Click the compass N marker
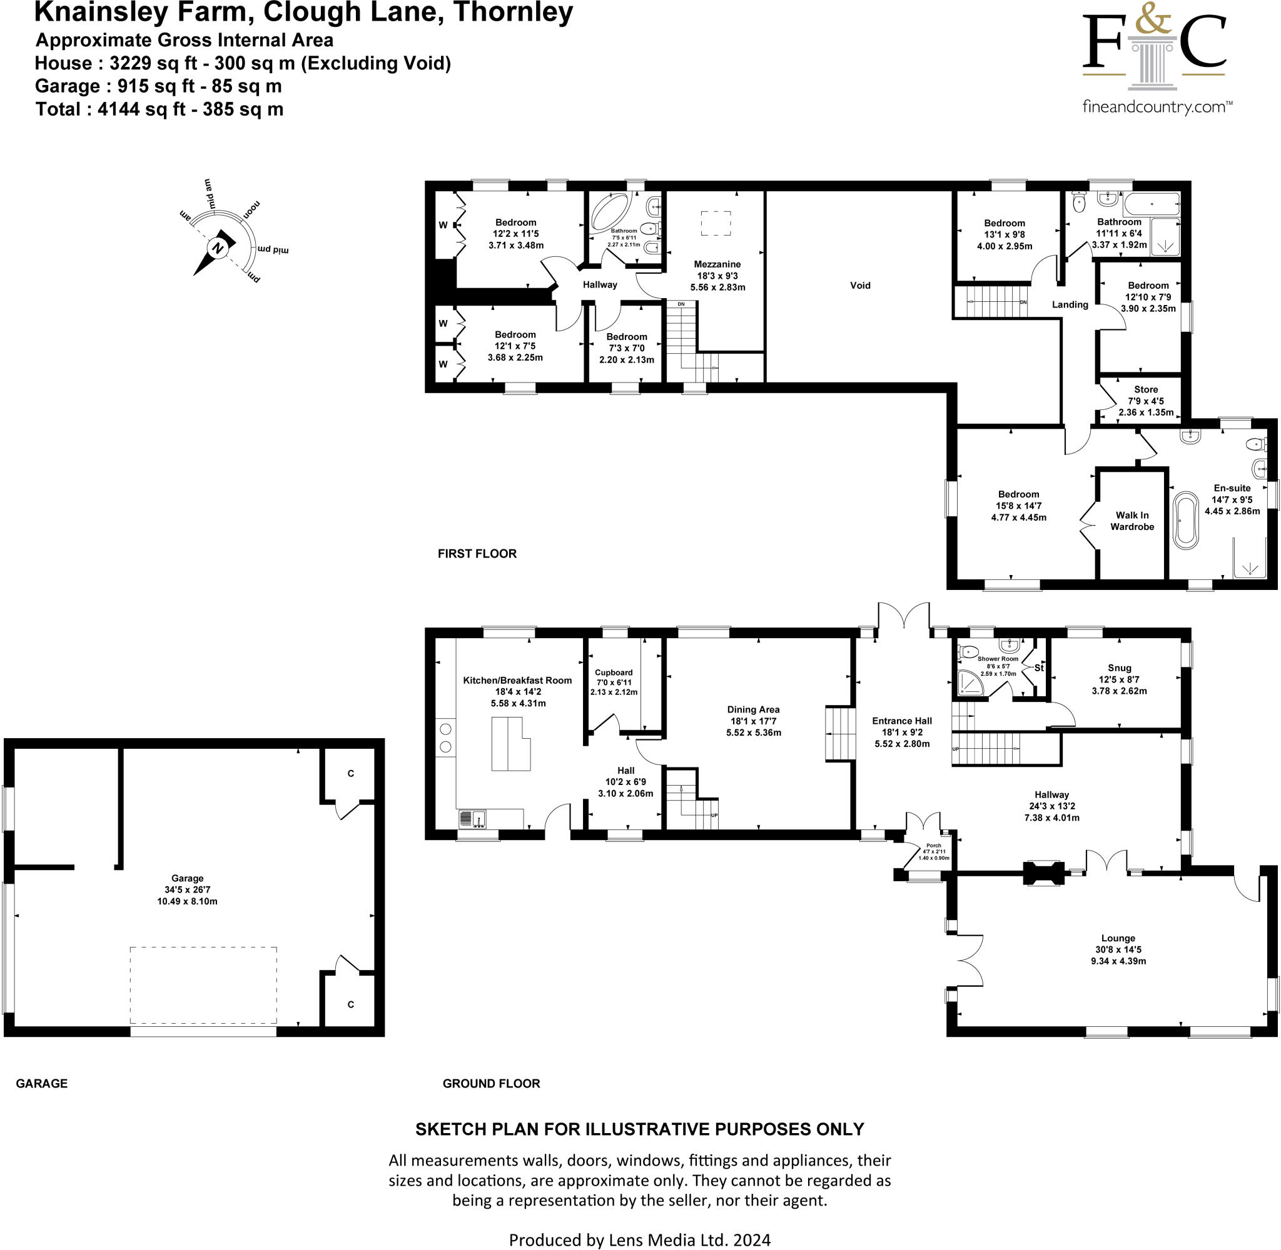coord(218,248)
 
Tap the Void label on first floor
coord(860,286)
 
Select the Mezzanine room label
coord(717,264)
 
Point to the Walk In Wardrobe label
coord(1132,521)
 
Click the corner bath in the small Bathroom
coord(612,211)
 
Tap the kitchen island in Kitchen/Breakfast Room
coord(510,744)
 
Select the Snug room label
coord(1120,667)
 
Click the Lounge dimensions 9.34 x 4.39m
coord(1118,961)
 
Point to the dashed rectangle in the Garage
coord(203,985)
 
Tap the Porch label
coord(933,846)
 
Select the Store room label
coord(1146,389)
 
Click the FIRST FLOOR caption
coord(477,554)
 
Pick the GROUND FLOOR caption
coord(491,1083)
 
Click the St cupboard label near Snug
coord(1038,667)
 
